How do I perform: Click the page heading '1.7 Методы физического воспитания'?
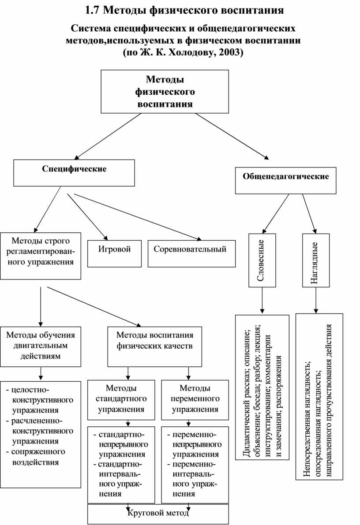pyautogui.click(x=184, y=9)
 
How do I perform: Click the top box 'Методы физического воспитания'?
pyautogui.click(x=165, y=92)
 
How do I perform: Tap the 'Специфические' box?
pyautogui.click(x=74, y=172)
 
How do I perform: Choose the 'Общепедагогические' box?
pyautogui.click(x=285, y=180)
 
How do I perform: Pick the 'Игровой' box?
pyautogui.click(x=115, y=253)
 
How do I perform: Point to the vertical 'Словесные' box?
pyautogui.click(x=262, y=260)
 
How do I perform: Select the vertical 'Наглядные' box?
pyautogui.click(x=315, y=260)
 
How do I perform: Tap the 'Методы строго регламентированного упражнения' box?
pyautogui.click(x=40, y=256)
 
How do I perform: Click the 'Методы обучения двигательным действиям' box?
pyautogui.click(x=40, y=346)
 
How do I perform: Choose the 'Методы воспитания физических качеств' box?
pyautogui.click(x=154, y=346)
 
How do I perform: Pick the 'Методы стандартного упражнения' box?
pyautogui.click(x=121, y=399)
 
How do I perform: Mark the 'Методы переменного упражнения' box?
pyautogui.click(x=195, y=399)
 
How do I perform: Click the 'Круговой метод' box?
pyautogui.click(x=158, y=514)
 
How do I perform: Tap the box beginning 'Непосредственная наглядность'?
pyautogui.click(x=319, y=396)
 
